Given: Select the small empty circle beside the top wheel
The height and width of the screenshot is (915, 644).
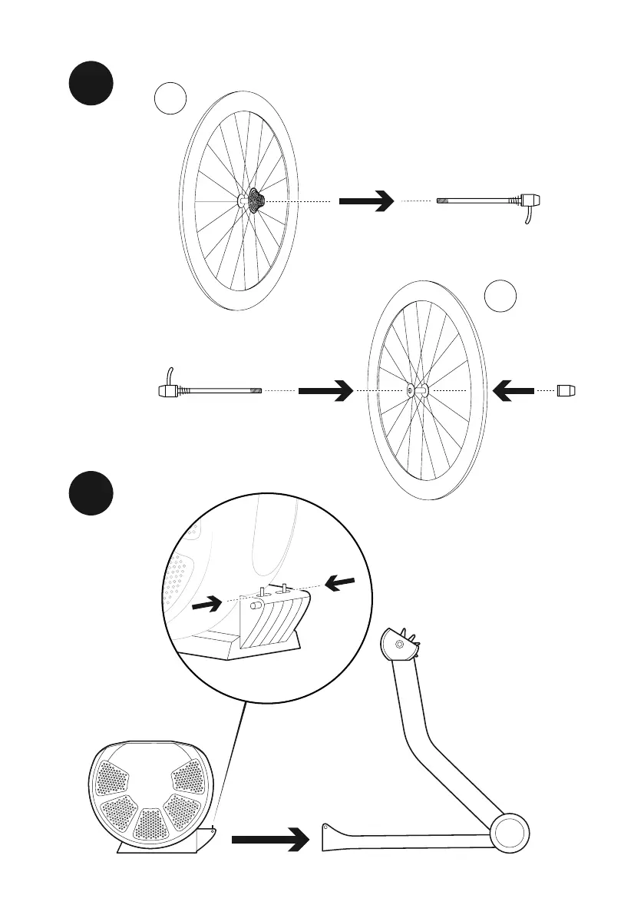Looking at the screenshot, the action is click(x=170, y=100).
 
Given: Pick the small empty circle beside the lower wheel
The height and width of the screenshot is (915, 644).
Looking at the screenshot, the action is click(x=500, y=296).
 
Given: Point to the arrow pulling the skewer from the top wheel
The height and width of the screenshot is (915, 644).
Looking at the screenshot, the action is click(x=365, y=201).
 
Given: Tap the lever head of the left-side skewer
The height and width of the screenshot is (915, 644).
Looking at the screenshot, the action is click(x=167, y=390).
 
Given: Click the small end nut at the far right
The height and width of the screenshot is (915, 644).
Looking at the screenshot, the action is click(x=569, y=391).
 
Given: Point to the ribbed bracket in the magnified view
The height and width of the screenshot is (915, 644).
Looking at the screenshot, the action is click(x=272, y=618).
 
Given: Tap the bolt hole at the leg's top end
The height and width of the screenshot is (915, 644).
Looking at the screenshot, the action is click(x=399, y=644).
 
